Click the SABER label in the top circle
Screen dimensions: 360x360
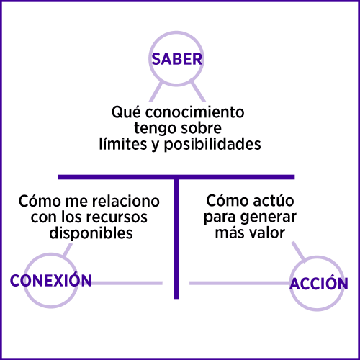point(177,59)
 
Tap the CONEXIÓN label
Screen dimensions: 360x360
point(50,280)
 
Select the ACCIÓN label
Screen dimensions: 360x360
point(319,283)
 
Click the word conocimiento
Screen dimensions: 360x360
point(194,112)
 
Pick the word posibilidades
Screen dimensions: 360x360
point(212,145)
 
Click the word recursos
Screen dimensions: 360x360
point(117,217)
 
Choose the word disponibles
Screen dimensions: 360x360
point(91,233)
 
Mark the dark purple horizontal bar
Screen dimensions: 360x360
point(176,177)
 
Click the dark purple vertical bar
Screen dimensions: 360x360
point(176,239)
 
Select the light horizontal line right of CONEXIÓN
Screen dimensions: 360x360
point(127,283)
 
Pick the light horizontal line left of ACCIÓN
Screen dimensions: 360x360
point(240,283)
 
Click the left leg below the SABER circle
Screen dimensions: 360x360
point(156,91)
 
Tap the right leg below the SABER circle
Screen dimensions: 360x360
point(198,91)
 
